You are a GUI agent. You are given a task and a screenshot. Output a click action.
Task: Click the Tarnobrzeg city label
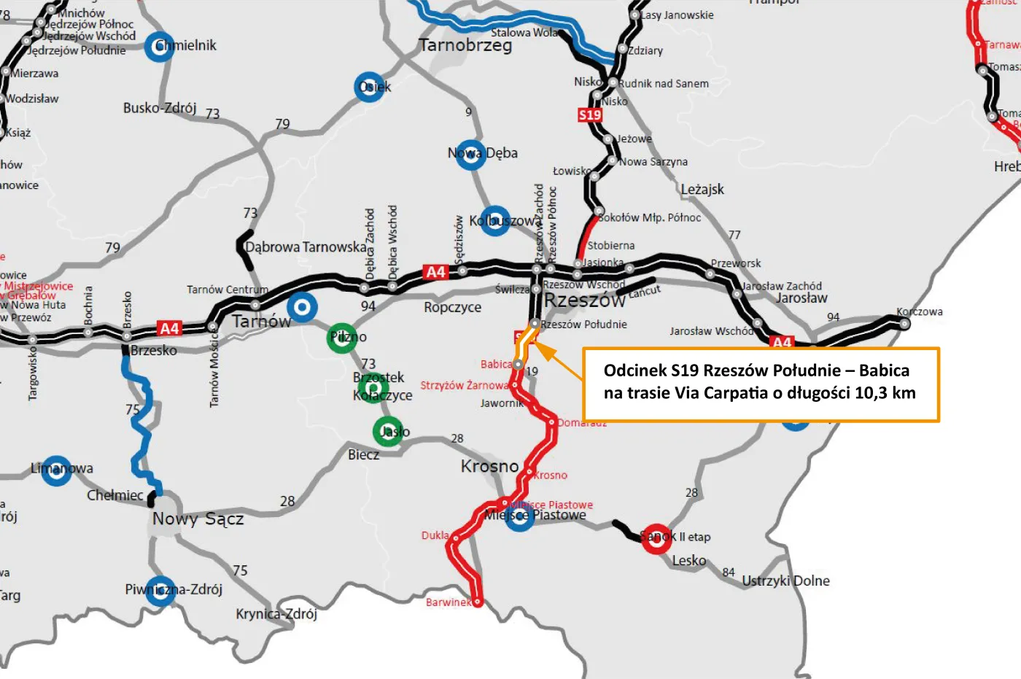(465, 45)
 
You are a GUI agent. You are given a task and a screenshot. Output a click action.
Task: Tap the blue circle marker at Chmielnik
(159, 47)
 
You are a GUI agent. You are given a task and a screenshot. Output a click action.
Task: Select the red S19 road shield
(590, 115)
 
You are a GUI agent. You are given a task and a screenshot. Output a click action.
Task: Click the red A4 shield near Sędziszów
(435, 272)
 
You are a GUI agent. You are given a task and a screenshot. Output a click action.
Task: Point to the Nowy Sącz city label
(198, 519)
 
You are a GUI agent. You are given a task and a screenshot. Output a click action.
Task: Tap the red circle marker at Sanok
(656, 538)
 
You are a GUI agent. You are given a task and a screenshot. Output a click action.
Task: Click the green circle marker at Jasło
(388, 432)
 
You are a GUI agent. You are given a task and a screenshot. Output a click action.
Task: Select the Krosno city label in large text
(489, 466)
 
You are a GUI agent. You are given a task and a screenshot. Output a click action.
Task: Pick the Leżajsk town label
(702, 190)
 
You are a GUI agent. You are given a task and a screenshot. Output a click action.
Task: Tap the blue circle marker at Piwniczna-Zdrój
(160, 591)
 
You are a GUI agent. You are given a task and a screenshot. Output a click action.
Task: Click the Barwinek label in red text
(448, 602)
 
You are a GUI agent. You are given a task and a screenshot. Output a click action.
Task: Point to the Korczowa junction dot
(904, 324)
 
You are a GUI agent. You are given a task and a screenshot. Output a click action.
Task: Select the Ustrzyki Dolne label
(785, 581)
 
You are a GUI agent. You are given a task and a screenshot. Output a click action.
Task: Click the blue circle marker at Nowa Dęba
(470, 155)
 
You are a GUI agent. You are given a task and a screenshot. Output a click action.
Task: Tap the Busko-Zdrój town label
(160, 108)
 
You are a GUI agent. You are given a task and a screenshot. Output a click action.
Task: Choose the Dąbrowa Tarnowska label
(306, 247)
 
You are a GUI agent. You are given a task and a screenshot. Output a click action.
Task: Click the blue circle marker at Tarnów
(302, 307)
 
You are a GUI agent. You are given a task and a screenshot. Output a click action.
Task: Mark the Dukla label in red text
(435, 535)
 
